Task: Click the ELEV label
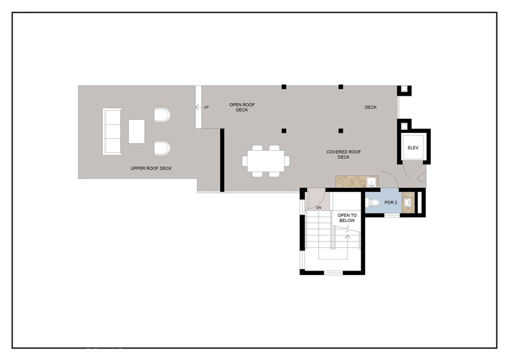414,148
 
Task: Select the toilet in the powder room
373,202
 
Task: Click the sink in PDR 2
408,203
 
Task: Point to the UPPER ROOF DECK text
151,169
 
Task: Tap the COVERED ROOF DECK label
343,154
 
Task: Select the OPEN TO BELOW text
347,218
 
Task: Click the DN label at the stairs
319,207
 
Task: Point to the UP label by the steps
206,107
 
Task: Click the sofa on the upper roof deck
112,132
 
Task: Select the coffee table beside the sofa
137,131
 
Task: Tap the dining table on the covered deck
266,161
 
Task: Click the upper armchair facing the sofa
162,115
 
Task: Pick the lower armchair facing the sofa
162,148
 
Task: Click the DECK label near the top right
371,107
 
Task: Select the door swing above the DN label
315,198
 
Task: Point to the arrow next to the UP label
198,107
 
